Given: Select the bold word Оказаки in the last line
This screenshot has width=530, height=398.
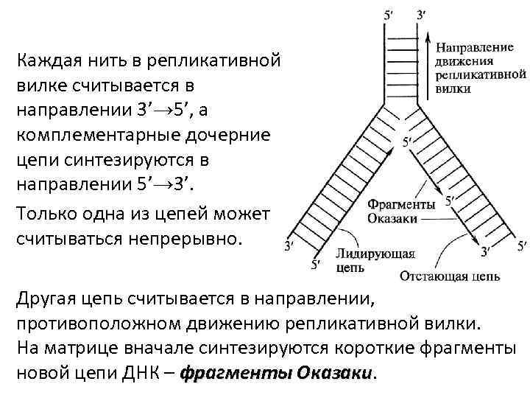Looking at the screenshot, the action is [x=336, y=374].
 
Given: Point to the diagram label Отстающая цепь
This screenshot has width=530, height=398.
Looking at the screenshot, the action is [x=450, y=277].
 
